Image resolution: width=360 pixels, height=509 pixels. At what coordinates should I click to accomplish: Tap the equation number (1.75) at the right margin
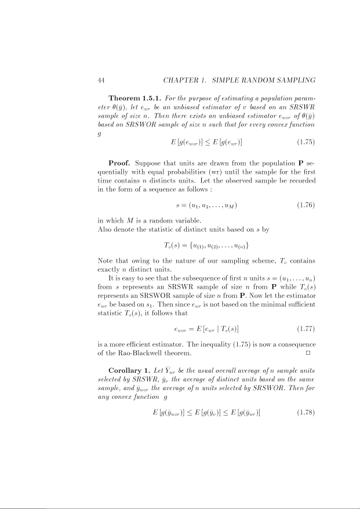306,141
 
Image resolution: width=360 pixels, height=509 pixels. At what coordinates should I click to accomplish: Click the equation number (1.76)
306,205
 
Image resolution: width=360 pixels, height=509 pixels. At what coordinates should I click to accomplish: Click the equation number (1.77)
306,329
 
